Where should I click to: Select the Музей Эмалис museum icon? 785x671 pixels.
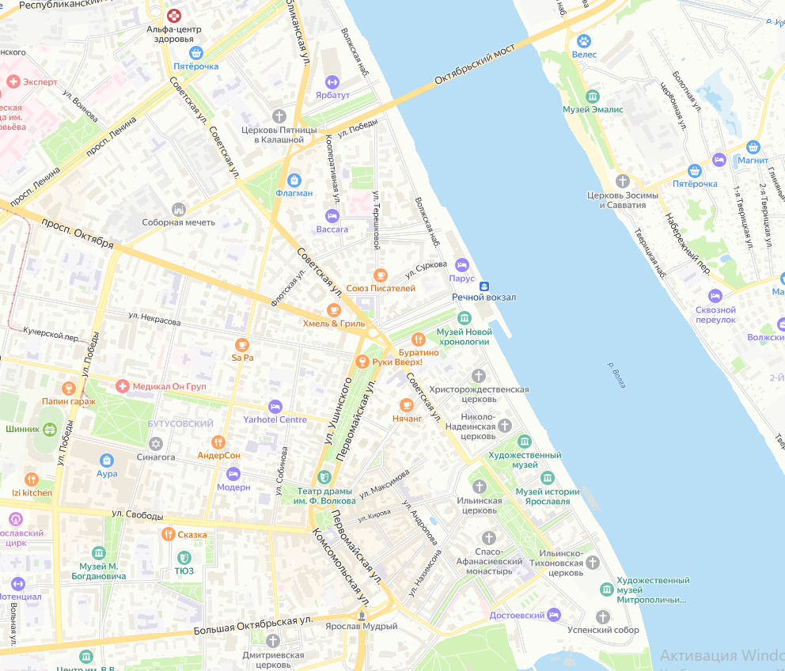592,97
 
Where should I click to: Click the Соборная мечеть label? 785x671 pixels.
178,222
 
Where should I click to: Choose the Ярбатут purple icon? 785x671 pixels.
332,82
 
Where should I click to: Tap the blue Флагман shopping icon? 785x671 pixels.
294,180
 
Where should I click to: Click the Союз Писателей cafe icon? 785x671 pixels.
381,275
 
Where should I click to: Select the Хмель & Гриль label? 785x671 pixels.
333,324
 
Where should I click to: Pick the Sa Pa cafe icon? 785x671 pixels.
241,344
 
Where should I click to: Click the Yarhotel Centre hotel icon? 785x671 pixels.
275,406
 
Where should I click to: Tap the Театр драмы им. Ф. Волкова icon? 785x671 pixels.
323,476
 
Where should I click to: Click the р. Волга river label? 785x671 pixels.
616,374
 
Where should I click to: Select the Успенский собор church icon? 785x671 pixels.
603,616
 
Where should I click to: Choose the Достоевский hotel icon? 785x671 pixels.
554,615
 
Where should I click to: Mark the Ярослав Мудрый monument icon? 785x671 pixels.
362,614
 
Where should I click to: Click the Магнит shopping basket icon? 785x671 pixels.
753,146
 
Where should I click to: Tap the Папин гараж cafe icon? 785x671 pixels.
69,388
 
